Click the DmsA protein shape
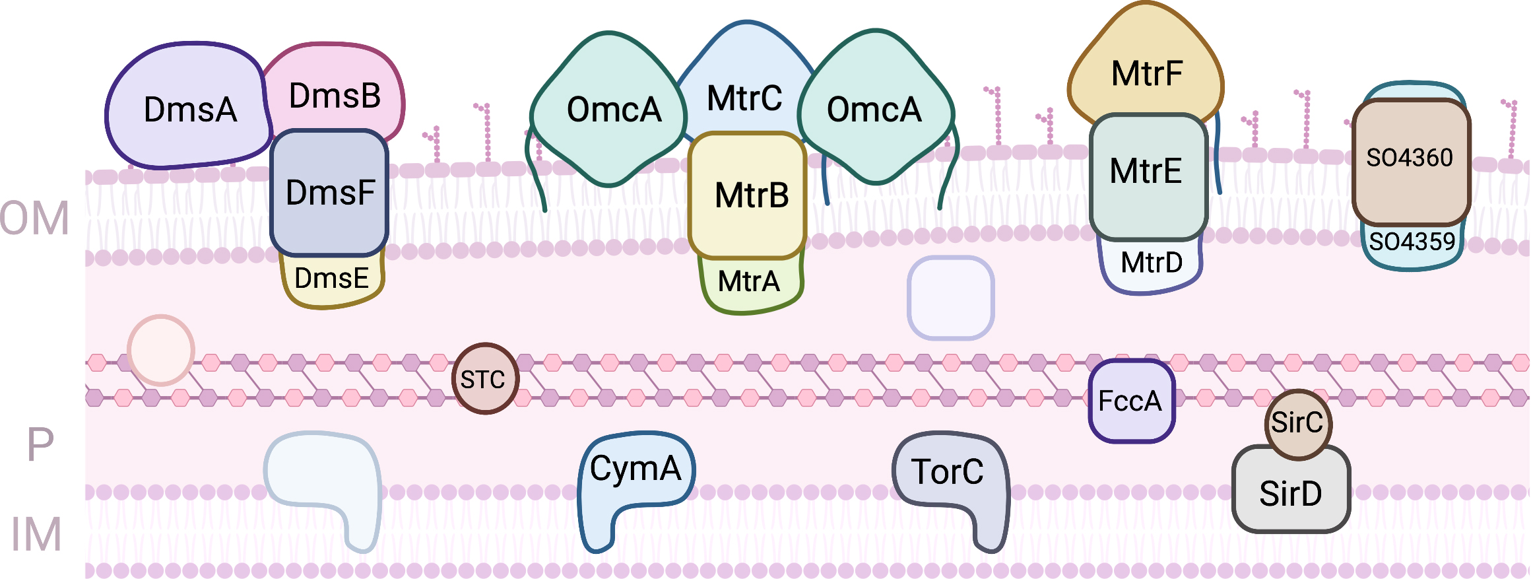(189, 109)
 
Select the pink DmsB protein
(335, 96)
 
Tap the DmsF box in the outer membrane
(329, 192)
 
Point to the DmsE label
(331, 279)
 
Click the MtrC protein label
(744, 98)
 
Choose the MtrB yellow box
(750, 195)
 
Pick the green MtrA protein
(749, 282)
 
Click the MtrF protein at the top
(1146, 73)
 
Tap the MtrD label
(1152, 263)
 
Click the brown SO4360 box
(1410, 158)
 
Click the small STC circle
(484, 380)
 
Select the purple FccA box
(1130, 401)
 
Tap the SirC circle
(1297, 423)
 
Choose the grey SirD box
(1291, 493)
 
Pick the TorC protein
(948, 471)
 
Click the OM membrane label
(34, 218)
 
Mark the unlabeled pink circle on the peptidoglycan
(160, 350)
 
